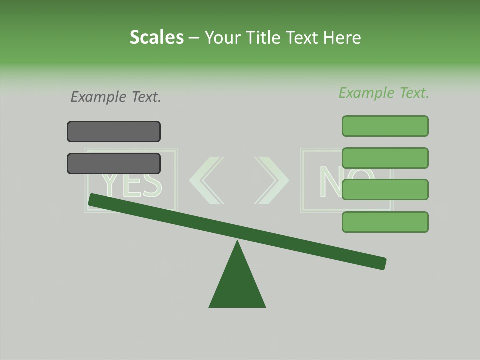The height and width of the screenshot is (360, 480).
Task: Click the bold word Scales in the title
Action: pos(156,37)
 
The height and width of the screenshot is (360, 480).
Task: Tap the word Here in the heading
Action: pos(342,37)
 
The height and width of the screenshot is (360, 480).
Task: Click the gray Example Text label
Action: pos(116,97)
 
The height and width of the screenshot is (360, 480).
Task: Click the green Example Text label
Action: pos(384,93)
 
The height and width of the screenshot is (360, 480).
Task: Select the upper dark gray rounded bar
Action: pos(114,132)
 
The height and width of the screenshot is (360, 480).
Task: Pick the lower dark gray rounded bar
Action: pos(114,164)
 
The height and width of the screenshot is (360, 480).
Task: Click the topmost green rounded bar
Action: pos(385,126)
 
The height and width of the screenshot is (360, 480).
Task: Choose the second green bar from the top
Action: pos(385,158)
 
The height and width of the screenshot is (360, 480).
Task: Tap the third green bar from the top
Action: pos(385,190)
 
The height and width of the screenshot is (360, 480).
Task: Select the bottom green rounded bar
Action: pos(385,222)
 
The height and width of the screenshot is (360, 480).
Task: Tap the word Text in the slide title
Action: pos(303,37)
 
